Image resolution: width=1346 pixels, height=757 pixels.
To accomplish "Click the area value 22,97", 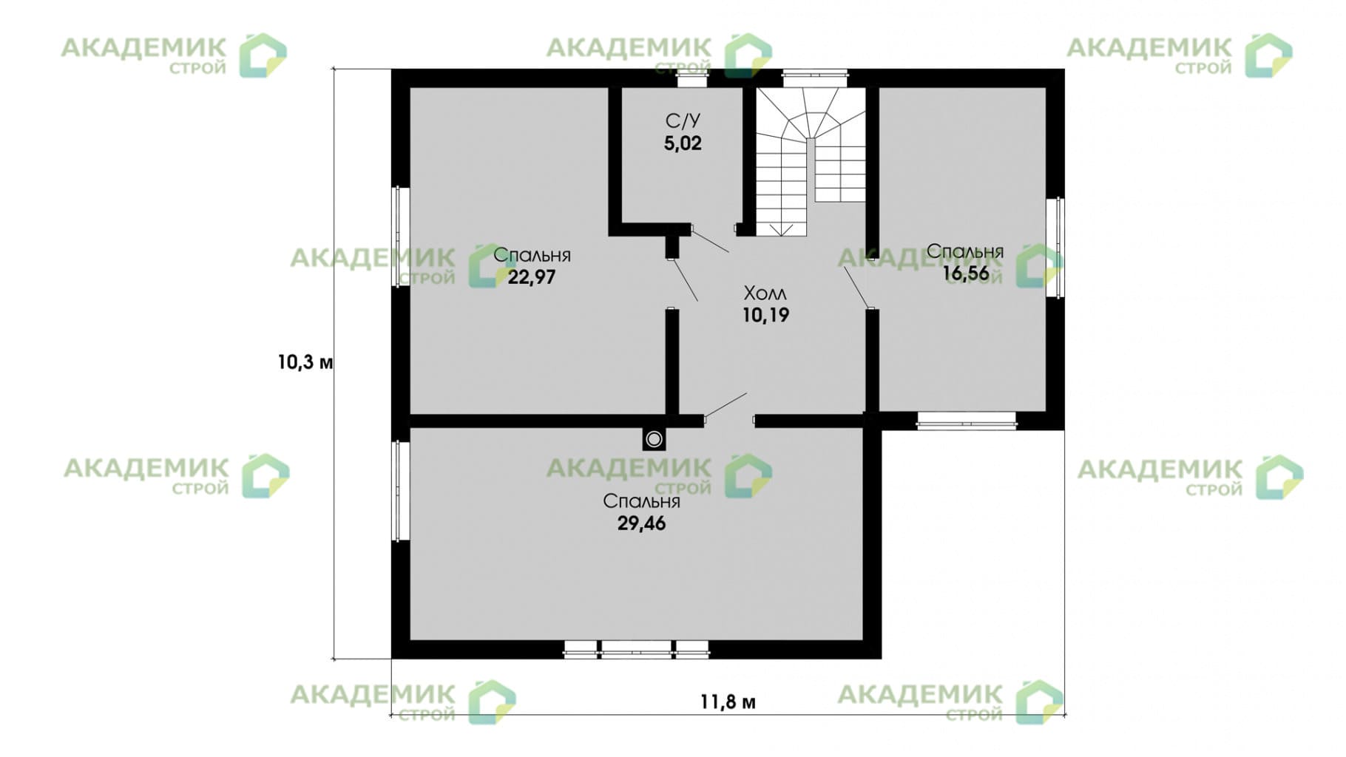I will [531, 278].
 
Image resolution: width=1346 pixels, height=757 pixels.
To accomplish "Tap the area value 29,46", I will [641, 523].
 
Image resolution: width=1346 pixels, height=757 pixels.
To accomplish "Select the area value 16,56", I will [965, 274].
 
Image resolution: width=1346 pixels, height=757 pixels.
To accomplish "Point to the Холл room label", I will [765, 293].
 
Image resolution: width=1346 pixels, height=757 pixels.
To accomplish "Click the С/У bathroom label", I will [683, 120].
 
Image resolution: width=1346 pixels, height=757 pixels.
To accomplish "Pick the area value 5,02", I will [683, 143].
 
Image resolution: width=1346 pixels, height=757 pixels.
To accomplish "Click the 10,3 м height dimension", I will [305, 363].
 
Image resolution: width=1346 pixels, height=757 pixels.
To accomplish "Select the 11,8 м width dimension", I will [728, 702].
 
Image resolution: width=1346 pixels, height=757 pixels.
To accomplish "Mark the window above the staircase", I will [816, 74].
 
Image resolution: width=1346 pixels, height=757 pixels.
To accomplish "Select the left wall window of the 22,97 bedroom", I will [400, 236].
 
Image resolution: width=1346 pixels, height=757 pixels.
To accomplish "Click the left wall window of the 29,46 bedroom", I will [400, 491].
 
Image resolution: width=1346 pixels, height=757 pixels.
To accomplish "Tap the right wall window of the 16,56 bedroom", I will [1055, 248].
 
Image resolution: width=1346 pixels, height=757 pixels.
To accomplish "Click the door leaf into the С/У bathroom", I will [710, 241].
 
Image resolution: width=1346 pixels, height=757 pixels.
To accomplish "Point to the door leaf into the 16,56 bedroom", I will [856, 287].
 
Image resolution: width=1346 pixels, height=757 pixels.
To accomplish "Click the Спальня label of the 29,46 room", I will [641, 501].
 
